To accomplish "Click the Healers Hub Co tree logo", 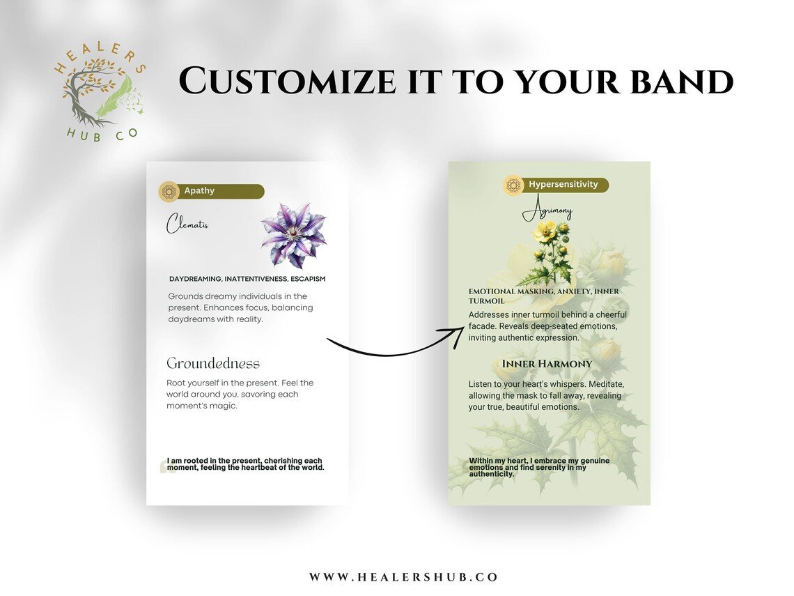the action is point(100,91).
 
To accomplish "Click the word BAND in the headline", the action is point(682,81).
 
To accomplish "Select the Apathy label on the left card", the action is point(199,190).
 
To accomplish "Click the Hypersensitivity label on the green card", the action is point(563,185).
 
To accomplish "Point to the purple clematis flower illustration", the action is point(294,235).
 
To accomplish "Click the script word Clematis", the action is point(187,224).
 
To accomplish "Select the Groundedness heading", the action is point(212,363).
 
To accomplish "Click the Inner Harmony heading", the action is point(547,364).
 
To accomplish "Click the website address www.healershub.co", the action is point(403,577).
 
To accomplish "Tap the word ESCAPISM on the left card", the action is point(308,279).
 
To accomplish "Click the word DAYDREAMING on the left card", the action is point(196,279).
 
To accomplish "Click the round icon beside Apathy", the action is point(169,192).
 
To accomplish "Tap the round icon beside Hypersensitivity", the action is point(513,185).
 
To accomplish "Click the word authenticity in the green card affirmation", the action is point(491,475).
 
